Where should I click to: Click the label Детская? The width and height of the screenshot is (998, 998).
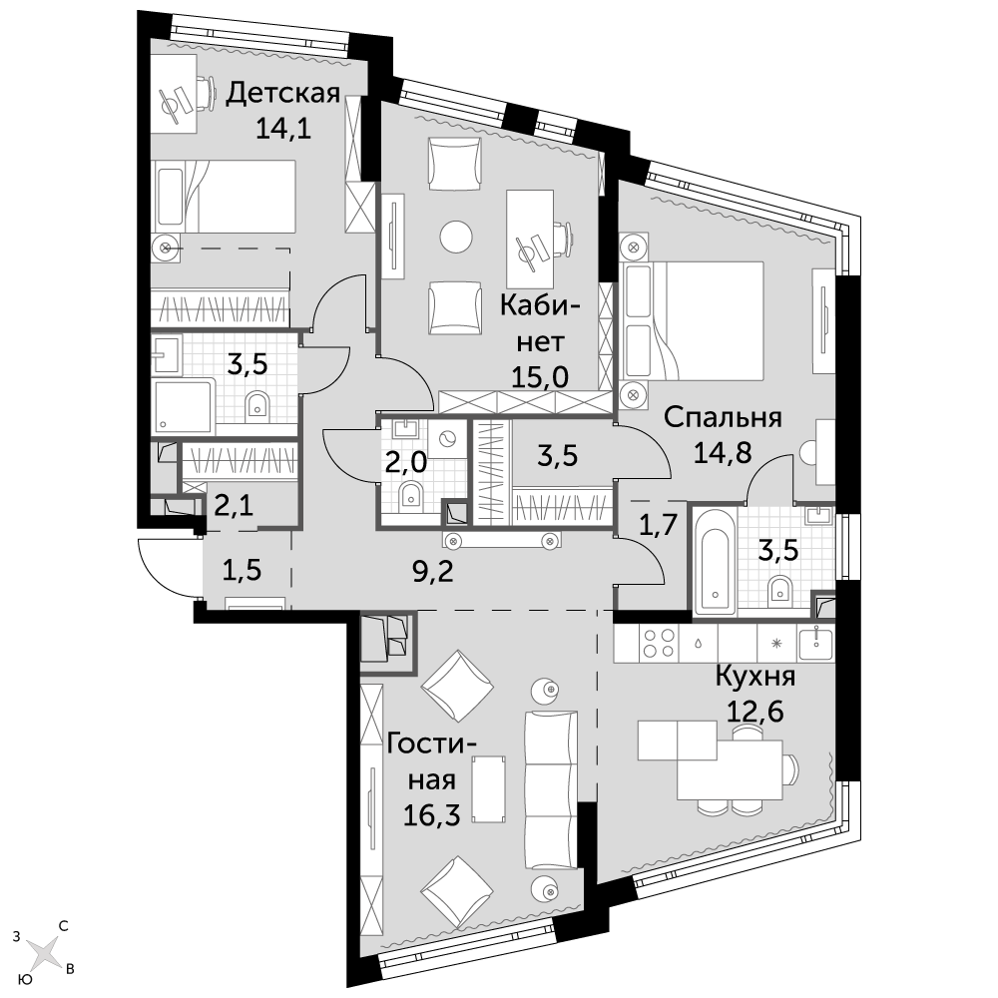(x=283, y=94)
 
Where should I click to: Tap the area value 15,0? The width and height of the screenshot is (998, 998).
(x=540, y=377)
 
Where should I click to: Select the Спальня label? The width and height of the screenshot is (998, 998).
(x=723, y=418)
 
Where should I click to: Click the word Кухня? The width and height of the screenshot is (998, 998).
(x=755, y=676)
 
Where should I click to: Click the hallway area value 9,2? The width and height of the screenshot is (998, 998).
(x=432, y=571)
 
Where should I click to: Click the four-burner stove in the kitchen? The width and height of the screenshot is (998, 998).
(x=659, y=643)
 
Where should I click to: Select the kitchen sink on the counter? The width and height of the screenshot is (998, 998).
(x=815, y=643)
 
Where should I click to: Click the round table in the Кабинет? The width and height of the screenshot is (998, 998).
(x=456, y=237)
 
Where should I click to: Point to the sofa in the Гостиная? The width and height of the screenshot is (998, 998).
(x=551, y=789)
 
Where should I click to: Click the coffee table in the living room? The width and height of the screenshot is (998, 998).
(x=489, y=789)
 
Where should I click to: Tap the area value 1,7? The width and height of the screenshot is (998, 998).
(x=657, y=526)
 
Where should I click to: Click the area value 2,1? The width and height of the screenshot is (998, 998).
(x=234, y=507)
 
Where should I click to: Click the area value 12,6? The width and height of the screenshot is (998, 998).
(x=754, y=711)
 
